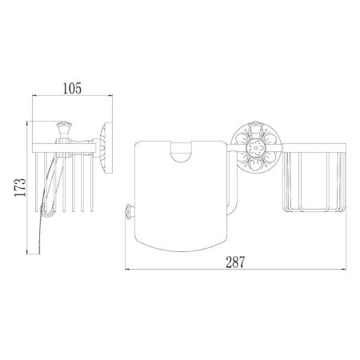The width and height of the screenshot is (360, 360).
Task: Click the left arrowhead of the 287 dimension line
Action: click(x=128, y=269)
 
